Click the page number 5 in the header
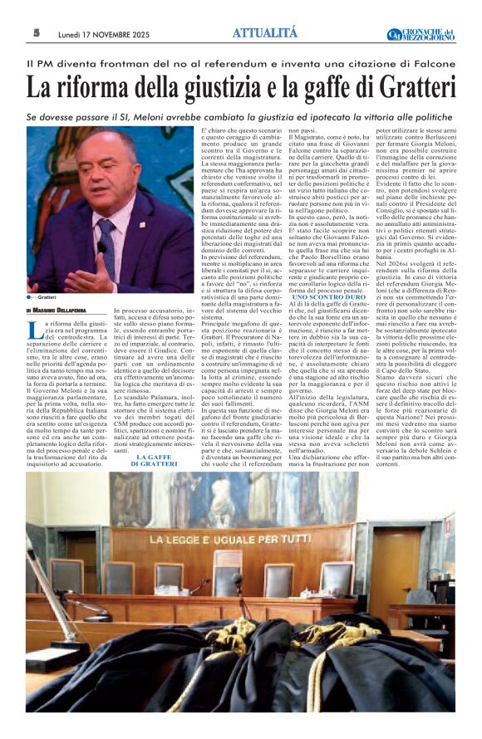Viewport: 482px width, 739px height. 37,33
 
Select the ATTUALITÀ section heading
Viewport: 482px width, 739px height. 263,32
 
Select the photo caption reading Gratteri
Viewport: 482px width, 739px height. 47,296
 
